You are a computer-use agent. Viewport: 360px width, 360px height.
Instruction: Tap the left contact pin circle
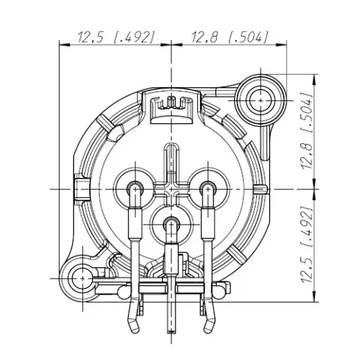pyautogui.click(x=134, y=189)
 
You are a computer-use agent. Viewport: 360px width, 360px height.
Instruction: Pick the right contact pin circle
pyautogui.click(x=206, y=189)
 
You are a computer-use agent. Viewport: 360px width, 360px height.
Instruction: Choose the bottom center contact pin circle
pyautogui.click(x=170, y=225)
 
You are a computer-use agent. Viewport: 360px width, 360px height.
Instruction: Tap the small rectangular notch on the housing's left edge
pyautogui.click(x=77, y=189)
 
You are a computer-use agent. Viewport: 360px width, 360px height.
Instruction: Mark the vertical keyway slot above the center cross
pyautogui.click(x=170, y=160)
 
